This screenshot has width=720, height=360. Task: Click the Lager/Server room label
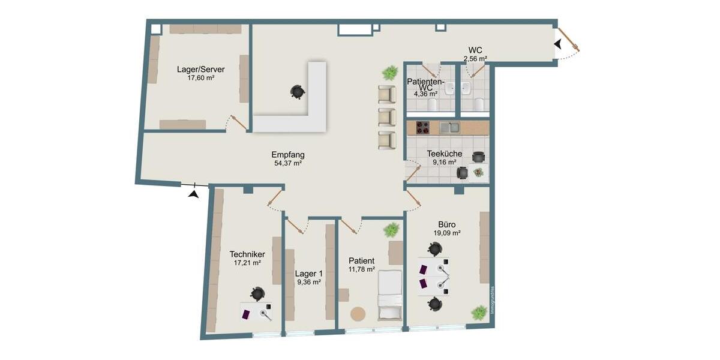(201, 69)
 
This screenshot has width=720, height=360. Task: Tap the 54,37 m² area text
(288, 163)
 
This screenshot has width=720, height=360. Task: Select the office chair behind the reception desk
(297, 91)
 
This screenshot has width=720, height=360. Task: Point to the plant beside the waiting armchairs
(390, 73)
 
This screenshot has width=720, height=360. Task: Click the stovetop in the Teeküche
(422, 127)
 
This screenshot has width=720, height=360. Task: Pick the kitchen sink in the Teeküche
(449, 127)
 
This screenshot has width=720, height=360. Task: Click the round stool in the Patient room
(358, 314)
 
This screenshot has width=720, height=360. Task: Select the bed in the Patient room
(389, 295)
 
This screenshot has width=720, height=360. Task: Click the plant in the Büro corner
(479, 313)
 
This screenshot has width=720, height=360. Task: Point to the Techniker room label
(247, 254)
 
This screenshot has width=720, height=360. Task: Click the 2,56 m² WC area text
(475, 59)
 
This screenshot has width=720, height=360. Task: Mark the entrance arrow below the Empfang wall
(193, 193)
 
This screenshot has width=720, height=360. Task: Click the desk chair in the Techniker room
(257, 294)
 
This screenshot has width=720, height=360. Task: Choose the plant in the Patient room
(392, 229)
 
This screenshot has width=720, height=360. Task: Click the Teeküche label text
(445, 154)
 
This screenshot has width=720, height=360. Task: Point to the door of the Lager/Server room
(238, 122)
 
